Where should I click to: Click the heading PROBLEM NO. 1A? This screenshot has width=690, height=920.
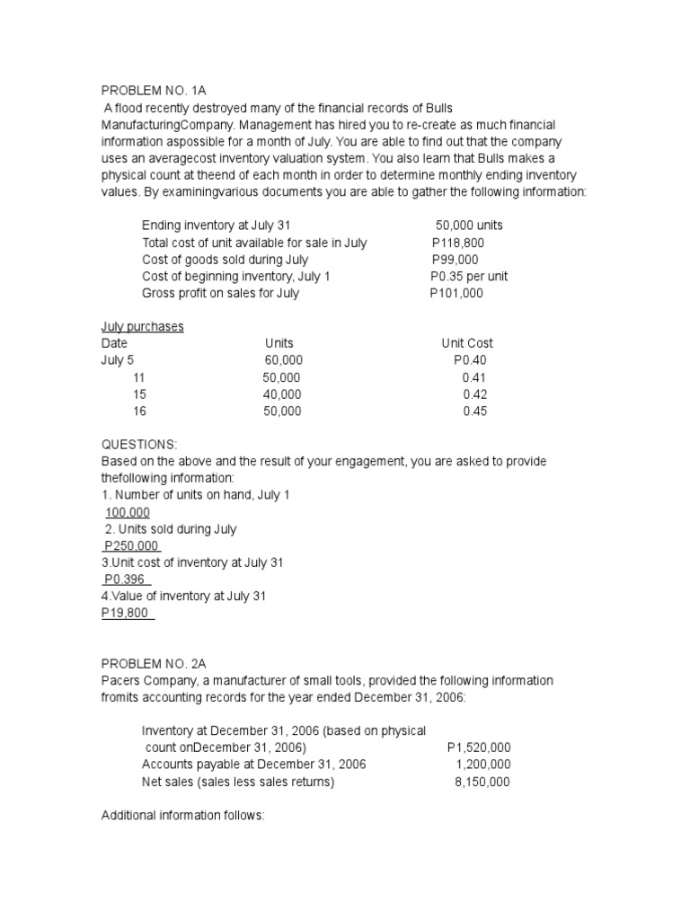coord(154,89)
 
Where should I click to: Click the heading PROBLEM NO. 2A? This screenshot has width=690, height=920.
coord(154,664)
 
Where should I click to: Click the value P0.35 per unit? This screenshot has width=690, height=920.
coord(469,277)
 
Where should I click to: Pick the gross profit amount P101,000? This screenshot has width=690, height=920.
coord(456,294)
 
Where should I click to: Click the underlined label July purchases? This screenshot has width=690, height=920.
coord(142,326)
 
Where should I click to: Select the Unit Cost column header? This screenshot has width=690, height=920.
coord(467,343)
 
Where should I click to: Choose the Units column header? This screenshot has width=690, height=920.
coord(279,343)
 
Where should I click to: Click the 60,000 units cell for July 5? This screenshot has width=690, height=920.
coord(283,360)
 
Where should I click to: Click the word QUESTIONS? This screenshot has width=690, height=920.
coord(139,445)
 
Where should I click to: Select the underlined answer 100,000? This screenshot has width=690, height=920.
coord(128,512)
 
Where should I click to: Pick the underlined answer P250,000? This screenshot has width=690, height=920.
coord(132,546)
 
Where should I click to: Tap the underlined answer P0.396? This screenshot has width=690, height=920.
coord(126,579)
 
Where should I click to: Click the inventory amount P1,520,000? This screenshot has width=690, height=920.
coord(479,747)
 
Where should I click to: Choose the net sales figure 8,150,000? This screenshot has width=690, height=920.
coord(482,782)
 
